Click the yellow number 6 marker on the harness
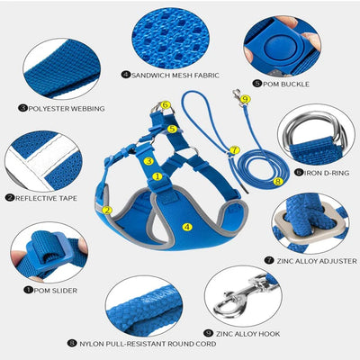pos(166,105)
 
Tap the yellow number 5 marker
pos(172,129)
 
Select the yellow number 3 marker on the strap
pos(148,161)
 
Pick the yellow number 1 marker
pos(157,176)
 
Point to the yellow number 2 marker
pos(107,210)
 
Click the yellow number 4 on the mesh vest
pos(187,227)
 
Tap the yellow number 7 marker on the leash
pos(235,149)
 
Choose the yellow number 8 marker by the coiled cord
pos(278,181)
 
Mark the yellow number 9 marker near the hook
pos(246,99)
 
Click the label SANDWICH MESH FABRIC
pos(175,75)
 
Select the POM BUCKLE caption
pos(286,84)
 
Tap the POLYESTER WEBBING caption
pos(67,108)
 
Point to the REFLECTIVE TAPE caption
pos(46,198)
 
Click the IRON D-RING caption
pos(327,173)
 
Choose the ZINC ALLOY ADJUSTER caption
pos(317,261)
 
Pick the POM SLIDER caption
pos(56,291)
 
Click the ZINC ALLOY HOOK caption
pos(247,334)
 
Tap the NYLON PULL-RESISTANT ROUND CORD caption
pos(148,344)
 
